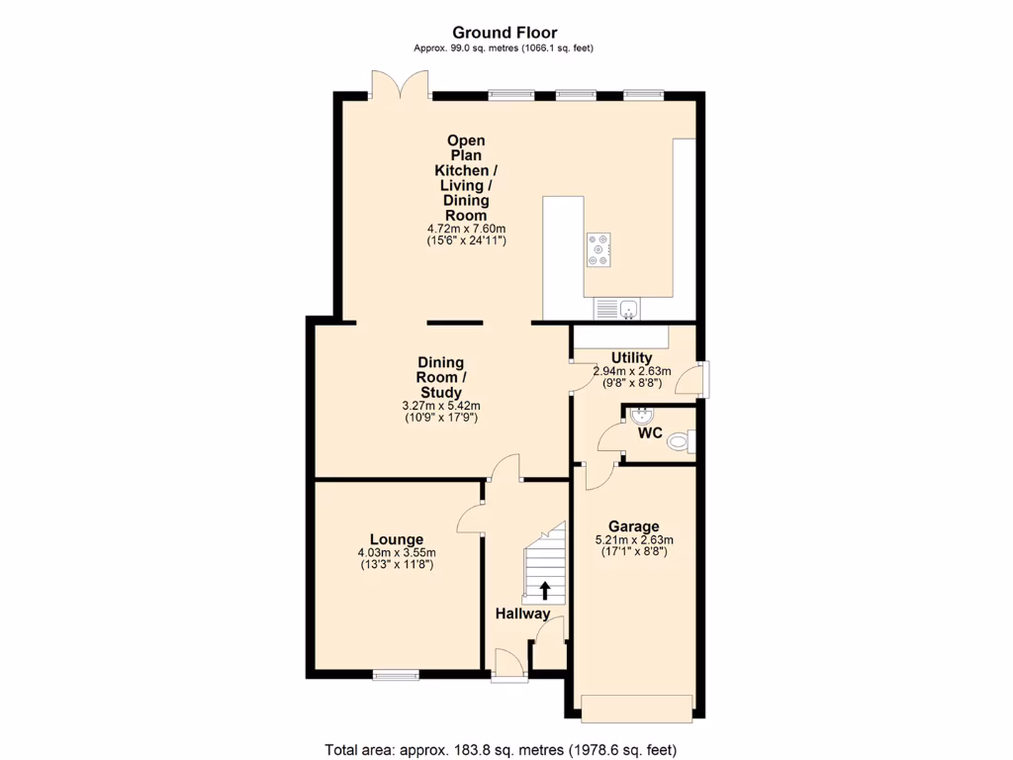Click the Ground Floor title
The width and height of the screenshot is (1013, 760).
(x=505, y=33)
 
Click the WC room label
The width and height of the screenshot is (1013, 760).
(x=650, y=433)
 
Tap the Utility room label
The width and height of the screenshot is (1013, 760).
(x=631, y=358)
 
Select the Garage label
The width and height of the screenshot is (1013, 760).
(x=633, y=526)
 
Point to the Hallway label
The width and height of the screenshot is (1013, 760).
(x=522, y=614)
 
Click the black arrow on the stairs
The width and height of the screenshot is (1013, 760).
(x=545, y=591)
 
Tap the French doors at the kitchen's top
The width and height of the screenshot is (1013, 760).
(x=400, y=84)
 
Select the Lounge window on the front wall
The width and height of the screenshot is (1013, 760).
(x=396, y=675)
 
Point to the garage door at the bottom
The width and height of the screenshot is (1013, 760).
(x=636, y=708)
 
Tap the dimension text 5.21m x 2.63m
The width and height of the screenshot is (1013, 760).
(x=633, y=540)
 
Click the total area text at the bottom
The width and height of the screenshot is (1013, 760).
(x=501, y=749)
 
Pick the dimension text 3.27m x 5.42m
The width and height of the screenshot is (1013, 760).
(x=441, y=406)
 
